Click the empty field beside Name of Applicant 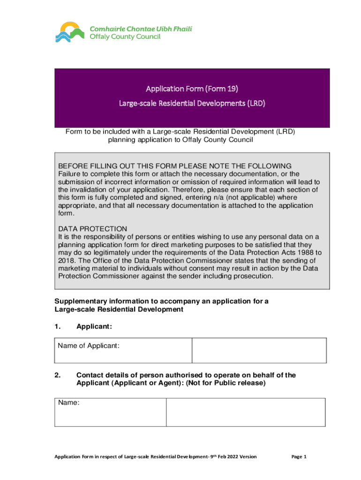(259, 350)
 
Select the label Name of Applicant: (89, 346)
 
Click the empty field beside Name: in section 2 (246, 412)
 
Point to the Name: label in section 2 (68, 403)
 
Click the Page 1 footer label (299, 457)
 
